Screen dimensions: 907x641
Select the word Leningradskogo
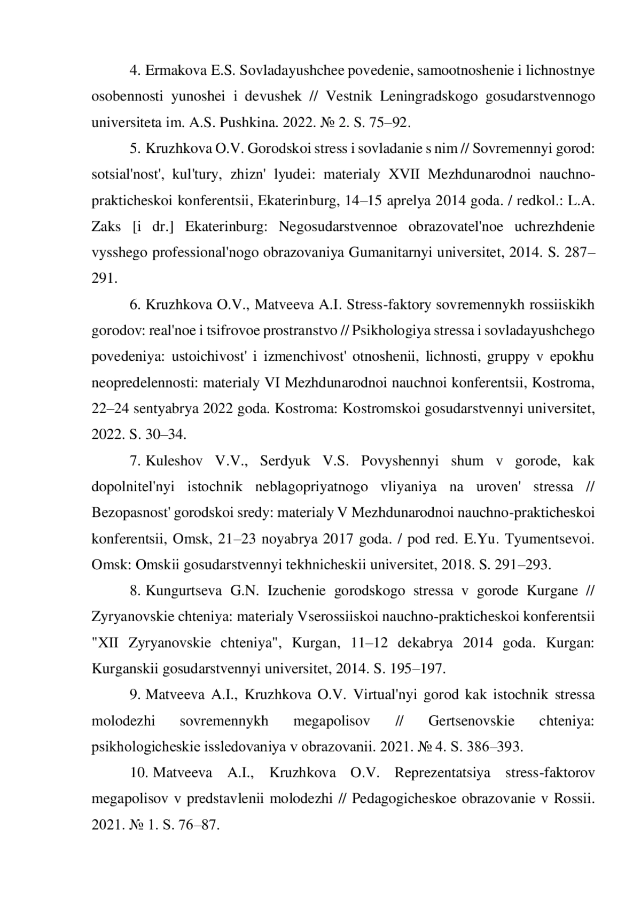428,97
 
